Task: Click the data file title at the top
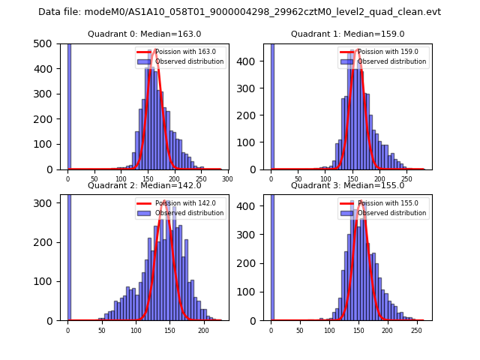[x=240, y=12]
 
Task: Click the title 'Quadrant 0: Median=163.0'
[x=144, y=34]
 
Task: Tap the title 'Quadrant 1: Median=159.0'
[x=348, y=34]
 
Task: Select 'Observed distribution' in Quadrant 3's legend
[x=391, y=213]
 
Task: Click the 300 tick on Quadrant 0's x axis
[x=227, y=179]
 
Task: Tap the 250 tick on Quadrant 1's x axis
[x=406, y=179]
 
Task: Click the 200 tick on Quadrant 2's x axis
[x=203, y=330]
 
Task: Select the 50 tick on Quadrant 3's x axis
[x=300, y=330]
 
